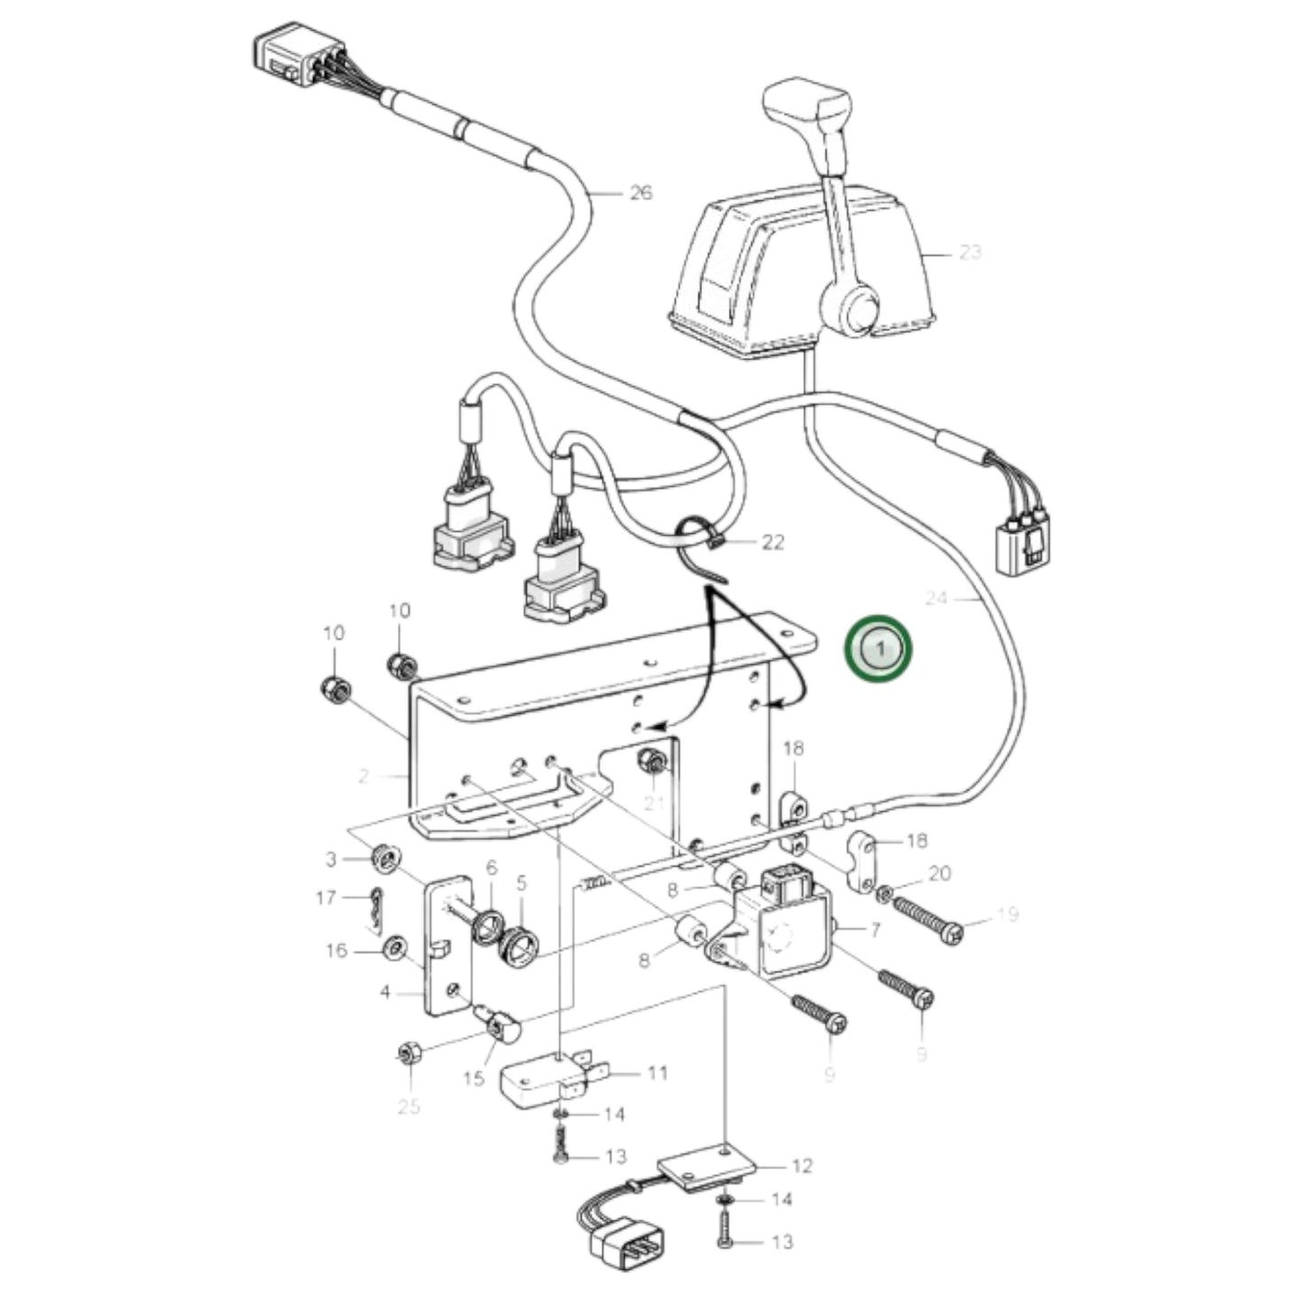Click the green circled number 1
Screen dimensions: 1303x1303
878,648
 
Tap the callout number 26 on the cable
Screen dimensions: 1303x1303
640,193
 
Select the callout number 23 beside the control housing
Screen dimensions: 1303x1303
969,252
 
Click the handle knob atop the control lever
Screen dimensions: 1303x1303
807,108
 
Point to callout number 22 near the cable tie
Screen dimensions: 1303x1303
773,542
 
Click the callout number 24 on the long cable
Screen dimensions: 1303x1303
937,598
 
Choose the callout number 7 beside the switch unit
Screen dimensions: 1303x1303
874,930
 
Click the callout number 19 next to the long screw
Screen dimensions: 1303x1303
1007,915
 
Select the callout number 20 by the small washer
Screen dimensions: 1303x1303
940,873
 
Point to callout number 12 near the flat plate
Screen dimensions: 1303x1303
802,1166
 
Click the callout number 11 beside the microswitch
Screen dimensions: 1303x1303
657,1073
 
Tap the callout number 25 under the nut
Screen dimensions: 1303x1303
409,1106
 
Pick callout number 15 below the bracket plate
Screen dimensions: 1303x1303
474,1078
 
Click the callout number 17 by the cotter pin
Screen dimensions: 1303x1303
326,898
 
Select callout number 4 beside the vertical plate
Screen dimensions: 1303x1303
385,993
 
